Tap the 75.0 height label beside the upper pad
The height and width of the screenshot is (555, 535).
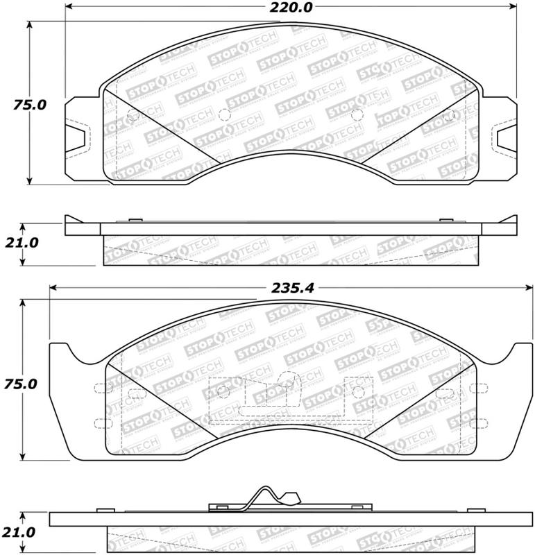29,106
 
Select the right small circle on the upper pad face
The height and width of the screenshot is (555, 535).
355,115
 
